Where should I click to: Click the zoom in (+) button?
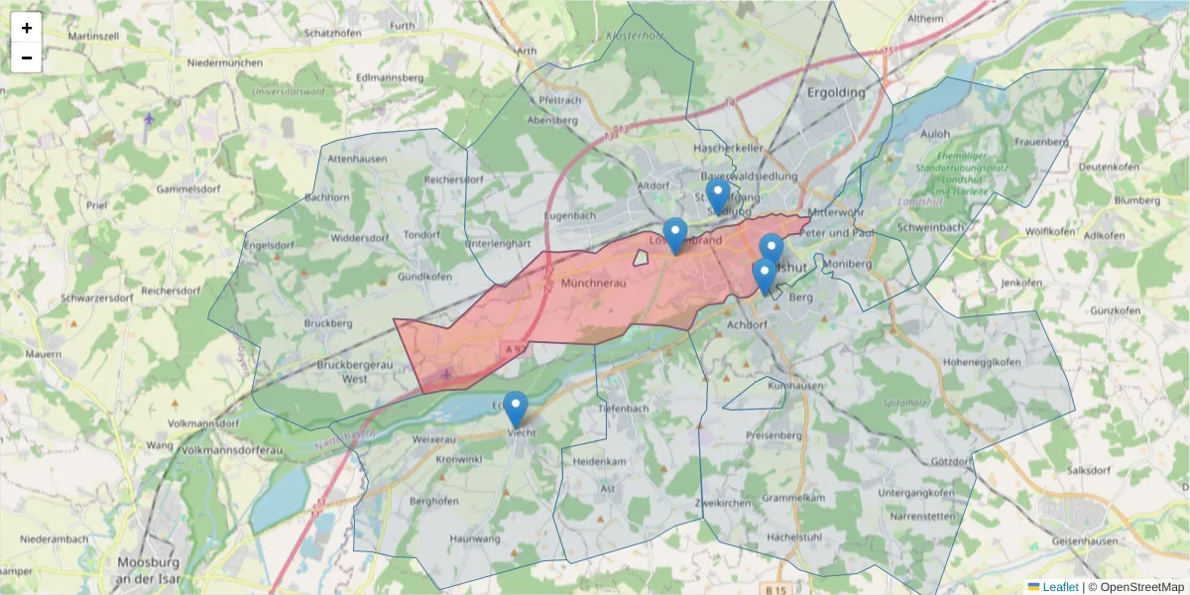27,28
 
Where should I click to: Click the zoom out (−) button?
27,58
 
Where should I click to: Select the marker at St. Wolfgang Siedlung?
717,196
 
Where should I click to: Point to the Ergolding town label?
836,92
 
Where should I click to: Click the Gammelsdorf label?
188,188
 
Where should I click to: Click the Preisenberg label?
774,434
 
